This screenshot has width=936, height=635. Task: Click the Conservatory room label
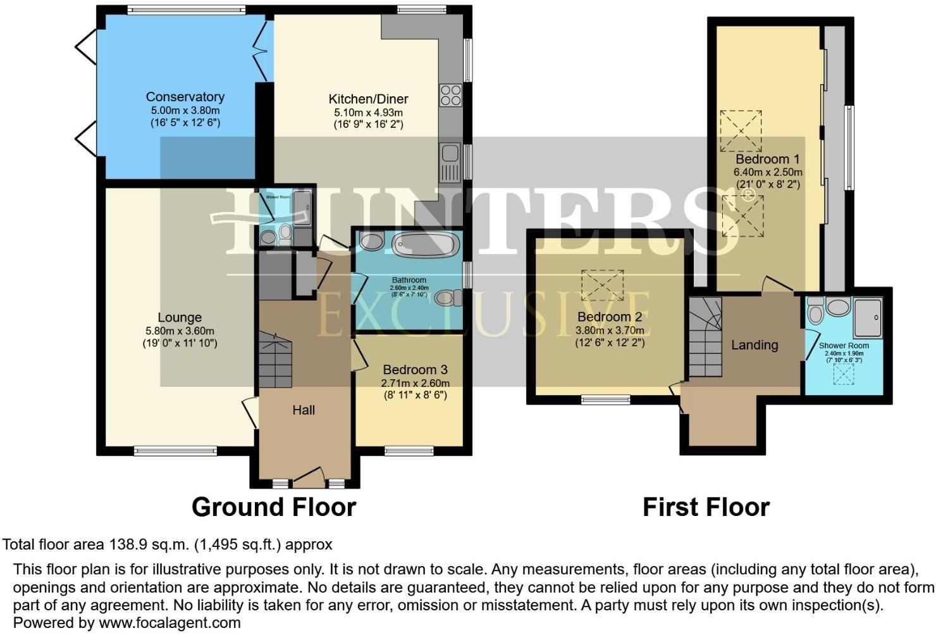pyautogui.click(x=185, y=97)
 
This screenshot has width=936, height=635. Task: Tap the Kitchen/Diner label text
pyautogui.click(x=368, y=99)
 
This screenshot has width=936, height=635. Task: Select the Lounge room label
pyautogui.click(x=180, y=318)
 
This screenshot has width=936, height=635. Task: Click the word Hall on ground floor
pyautogui.click(x=304, y=410)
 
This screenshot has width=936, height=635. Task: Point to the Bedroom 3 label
pyautogui.click(x=415, y=370)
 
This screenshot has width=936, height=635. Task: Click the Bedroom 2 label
pyautogui.click(x=610, y=317)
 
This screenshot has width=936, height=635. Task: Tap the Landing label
pyautogui.click(x=754, y=345)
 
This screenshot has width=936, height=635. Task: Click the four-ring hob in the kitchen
pyautogui.click(x=451, y=95)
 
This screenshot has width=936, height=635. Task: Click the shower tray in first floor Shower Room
pyautogui.click(x=868, y=317)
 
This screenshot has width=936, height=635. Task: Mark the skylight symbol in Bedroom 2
pyautogui.click(x=602, y=285)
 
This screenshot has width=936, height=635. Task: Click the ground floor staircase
pyautogui.click(x=275, y=362)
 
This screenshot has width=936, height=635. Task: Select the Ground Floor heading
pyautogui.click(x=273, y=507)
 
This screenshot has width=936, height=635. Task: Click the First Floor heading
pyautogui.click(x=706, y=507)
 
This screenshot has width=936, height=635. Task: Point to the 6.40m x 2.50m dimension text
pyautogui.click(x=768, y=172)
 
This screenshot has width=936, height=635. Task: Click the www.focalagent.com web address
pyautogui.click(x=169, y=622)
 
